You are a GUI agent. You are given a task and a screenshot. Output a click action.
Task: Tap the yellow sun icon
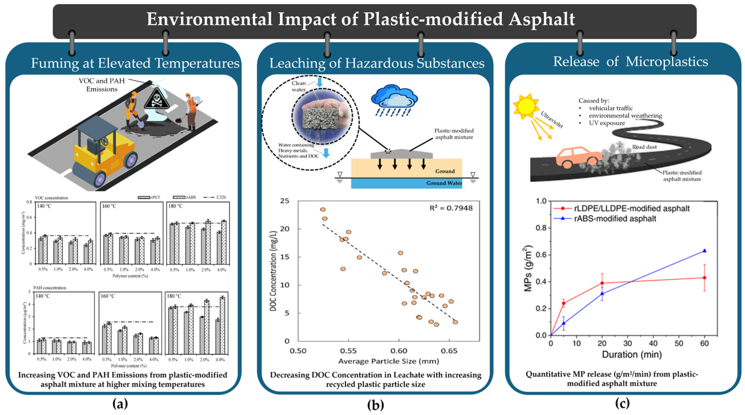pyautogui.click(x=526, y=106)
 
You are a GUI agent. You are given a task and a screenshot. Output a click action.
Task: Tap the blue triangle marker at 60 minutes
pyautogui.click(x=704, y=251)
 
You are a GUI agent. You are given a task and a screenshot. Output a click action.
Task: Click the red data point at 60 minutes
pyautogui.click(x=704, y=278)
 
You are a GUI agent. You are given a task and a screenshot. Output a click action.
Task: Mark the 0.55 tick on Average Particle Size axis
pyautogui.click(x=348, y=351)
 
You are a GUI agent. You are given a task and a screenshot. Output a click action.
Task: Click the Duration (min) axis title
pyautogui.click(x=632, y=354)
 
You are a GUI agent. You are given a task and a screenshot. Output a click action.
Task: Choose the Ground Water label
pyautogui.click(x=444, y=183)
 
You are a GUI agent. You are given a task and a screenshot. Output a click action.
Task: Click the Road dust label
pyautogui.click(x=644, y=147)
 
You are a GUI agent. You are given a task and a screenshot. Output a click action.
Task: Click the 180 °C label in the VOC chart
pyautogui.click(x=176, y=206)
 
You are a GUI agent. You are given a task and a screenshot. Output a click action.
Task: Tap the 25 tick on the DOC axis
pyautogui.click(x=285, y=201)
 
